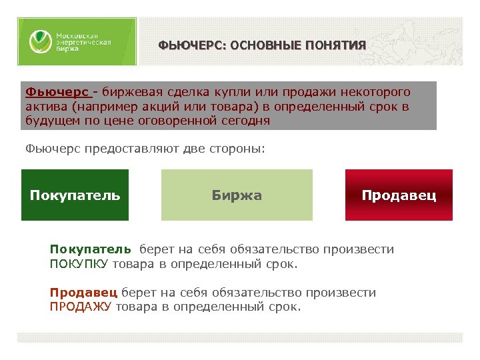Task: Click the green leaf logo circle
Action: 39,41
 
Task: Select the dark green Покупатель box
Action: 75,195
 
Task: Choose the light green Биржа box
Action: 237,195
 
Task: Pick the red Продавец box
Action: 399,195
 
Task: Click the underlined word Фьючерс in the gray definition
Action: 57,91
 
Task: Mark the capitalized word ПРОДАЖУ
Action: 81,307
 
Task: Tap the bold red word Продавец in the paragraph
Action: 83,293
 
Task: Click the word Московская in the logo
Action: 77,34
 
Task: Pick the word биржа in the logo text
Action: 66,49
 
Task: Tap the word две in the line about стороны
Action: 187,149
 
